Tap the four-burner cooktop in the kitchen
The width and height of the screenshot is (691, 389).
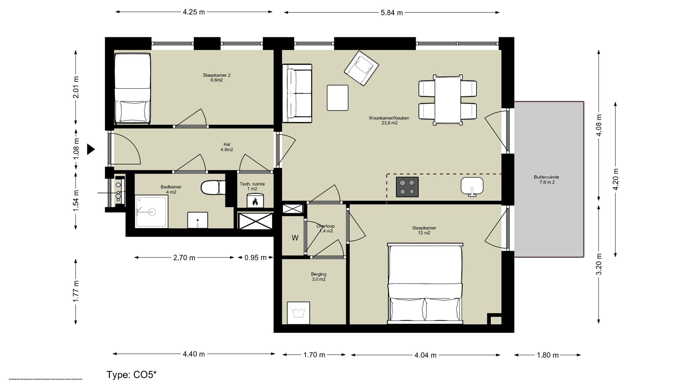point(407,187)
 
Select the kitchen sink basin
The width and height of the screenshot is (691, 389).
point(472,186)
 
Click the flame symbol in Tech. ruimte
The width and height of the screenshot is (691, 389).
point(255,202)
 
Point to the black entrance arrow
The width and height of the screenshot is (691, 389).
point(91,149)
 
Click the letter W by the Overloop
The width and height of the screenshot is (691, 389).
point(295,238)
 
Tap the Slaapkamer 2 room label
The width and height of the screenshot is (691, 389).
point(217,77)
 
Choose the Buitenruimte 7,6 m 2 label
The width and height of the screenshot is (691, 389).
point(546,180)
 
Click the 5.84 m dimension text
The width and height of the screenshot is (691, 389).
point(392,13)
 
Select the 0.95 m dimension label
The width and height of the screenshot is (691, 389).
point(256,257)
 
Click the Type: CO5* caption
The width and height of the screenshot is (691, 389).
point(131,375)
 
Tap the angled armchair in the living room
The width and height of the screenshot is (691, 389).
point(361,68)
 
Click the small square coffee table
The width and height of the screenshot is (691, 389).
point(338,98)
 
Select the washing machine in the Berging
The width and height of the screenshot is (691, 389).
point(298,313)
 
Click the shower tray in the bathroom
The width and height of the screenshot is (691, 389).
point(151,212)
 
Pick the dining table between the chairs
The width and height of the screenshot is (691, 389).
point(448,99)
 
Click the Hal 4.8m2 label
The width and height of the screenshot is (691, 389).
point(226,147)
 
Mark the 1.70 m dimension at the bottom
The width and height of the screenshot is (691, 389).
point(314,355)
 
